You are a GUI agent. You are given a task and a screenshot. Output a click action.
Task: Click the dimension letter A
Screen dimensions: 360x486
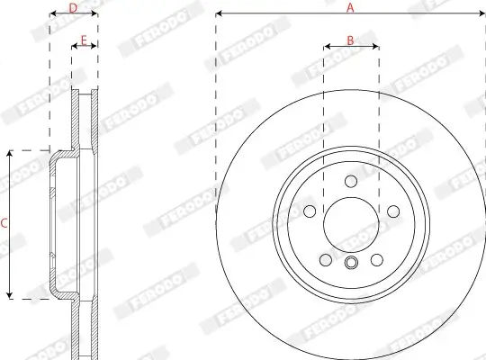(351, 7)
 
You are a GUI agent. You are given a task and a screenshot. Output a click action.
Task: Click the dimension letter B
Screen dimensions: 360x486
(351, 40)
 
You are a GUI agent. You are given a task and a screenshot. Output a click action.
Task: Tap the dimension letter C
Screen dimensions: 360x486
(4, 222)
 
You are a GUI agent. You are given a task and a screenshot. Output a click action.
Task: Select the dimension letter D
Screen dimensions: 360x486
(74, 7)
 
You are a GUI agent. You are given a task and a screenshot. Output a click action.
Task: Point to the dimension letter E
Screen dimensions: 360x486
(84, 40)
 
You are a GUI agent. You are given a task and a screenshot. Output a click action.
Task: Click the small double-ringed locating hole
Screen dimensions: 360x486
(351, 263)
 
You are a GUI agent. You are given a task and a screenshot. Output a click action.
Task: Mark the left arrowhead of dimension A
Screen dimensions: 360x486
(220, 14)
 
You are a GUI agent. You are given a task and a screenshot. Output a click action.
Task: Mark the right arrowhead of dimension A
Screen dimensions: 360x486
(482, 14)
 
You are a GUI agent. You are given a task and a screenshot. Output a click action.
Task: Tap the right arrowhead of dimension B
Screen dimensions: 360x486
(376, 47)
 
